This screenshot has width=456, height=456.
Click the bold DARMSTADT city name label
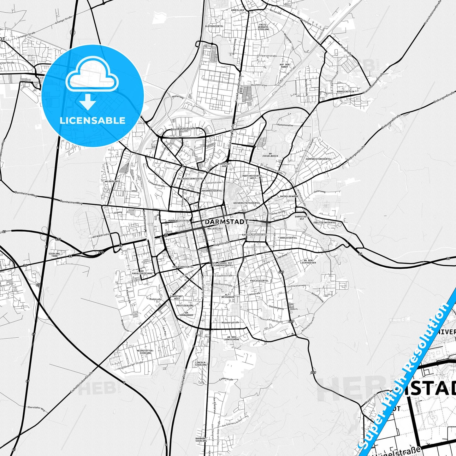pos(226,222)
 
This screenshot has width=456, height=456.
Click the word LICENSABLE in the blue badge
pos(92,120)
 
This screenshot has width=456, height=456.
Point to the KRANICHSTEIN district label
pos(346,92)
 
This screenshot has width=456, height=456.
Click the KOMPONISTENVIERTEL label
pos(318,159)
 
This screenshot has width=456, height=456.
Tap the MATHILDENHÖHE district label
pos(289,196)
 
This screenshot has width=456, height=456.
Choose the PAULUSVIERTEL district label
pos(259,281)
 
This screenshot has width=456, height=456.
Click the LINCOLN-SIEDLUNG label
pos(201,364)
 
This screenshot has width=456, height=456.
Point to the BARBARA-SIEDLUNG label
pos(201,440)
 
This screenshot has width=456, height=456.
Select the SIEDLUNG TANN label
pos(54,255)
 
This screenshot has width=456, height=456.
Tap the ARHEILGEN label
pos(237,10)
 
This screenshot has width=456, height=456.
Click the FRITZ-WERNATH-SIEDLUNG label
pos(264,27)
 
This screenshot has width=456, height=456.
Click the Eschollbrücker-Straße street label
pos(81,384)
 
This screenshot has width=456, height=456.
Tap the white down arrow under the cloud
pos(88,102)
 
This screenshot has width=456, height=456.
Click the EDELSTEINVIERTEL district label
pos(325,222)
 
